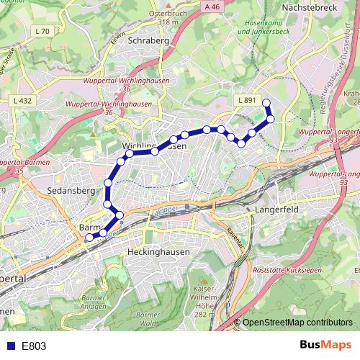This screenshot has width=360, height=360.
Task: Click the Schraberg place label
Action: tap(148, 41)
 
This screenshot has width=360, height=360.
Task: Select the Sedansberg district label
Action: tap(67, 192)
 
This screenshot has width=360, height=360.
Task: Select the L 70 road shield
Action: tap(42, 31)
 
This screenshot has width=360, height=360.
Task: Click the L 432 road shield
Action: tap(22, 101)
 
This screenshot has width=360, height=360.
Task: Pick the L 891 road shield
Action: tap(246, 100)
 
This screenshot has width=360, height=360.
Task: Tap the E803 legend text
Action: tap(34, 346)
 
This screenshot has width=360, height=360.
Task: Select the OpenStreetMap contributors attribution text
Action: tap(297, 323)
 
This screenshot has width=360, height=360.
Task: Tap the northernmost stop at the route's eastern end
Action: tap(266, 102)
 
